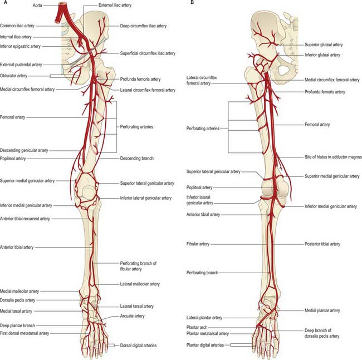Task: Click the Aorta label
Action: tap(37, 5)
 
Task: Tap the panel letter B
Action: tap(192, 2)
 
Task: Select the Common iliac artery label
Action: tap(17, 26)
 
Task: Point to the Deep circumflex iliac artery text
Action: tap(143, 26)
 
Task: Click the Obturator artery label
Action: tap(13, 76)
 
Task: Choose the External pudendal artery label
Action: tap(21, 65)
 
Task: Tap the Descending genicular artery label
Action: tap(24, 150)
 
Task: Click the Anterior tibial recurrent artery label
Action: tap(25, 219)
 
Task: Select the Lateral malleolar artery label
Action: tap(140, 284)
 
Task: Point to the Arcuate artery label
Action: tap(132, 315)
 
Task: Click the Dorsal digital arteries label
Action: tap(138, 345)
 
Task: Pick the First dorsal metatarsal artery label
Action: tap(25, 333)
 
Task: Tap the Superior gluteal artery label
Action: tap(324, 45)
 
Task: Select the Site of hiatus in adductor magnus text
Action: tap(333, 157)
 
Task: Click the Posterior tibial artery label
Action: tap(322, 244)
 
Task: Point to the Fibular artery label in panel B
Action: tap(198, 244)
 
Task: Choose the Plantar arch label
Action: tap(197, 327)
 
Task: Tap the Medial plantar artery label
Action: tap(322, 310)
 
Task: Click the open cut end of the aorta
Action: tap(63, 4)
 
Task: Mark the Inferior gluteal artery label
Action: tap(322, 55)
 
